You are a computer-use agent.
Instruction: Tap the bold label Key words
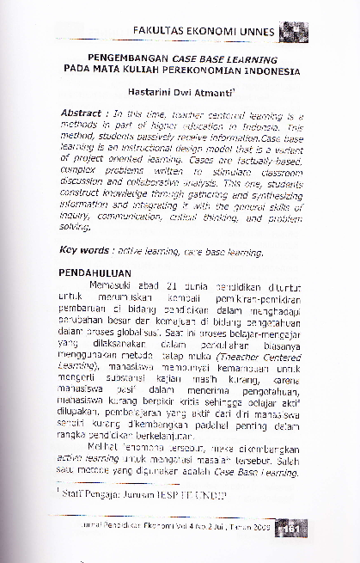pyautogui.click(x=86, y=252)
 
